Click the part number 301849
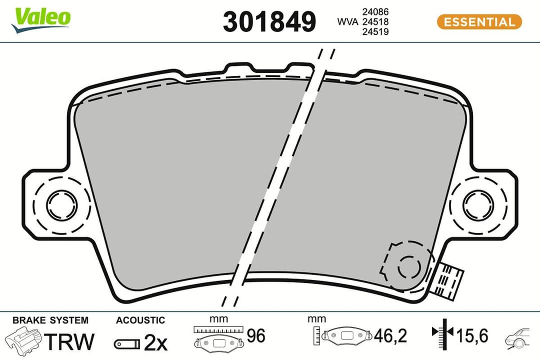[269, 22]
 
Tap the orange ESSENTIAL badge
[479, 22]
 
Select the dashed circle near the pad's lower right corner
[409, 266]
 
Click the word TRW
[69, 342]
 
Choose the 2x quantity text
[155, 342]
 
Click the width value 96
[256, 336]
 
